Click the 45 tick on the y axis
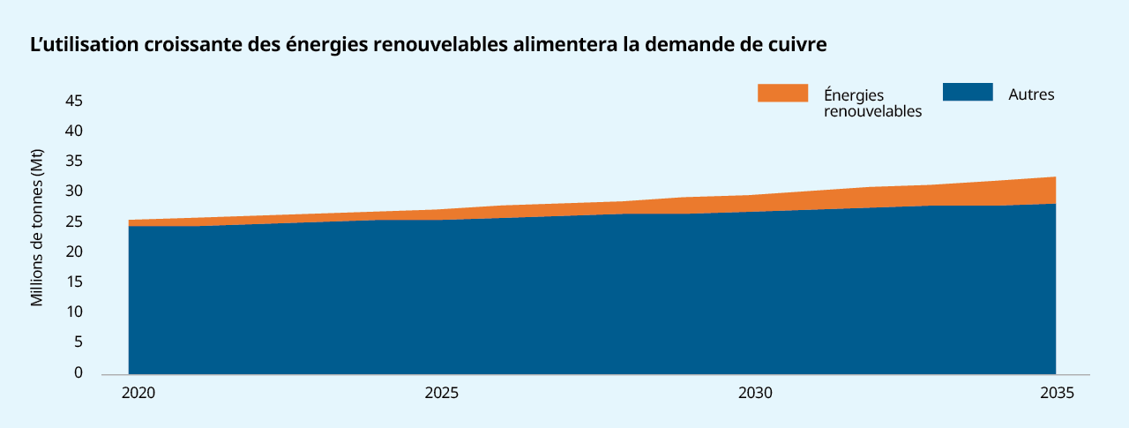[74, 101]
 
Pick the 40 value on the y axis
[74, 131]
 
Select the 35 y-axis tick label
[74, 161]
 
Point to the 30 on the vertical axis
[74, 191]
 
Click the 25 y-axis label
[74, 222]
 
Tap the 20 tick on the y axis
[74, 252]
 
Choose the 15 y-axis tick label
[74, 282]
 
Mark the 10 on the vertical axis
[74, 312]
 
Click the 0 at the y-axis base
[78, 372]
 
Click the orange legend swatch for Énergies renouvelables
[782, 93]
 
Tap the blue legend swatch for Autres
[968, 93]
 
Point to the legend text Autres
[1031, 94]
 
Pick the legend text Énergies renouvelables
[872, 102]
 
